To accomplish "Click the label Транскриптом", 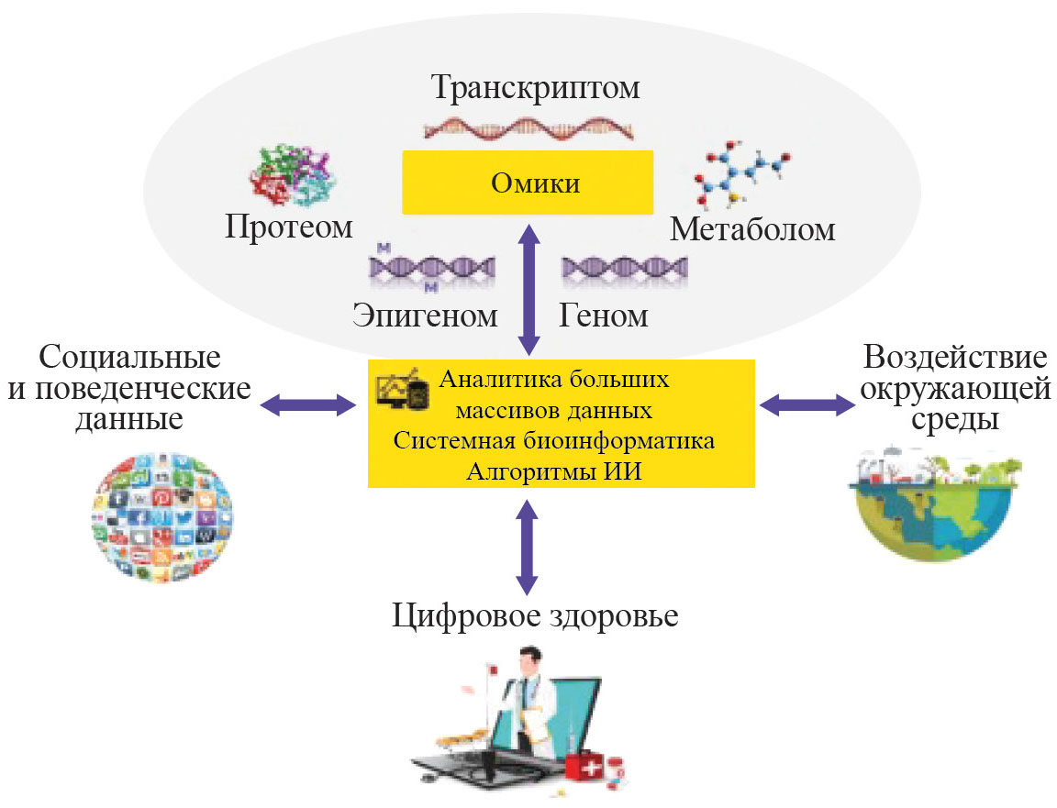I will pos(535,89).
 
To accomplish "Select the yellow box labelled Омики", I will pos(528,183).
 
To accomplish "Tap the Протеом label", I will pos(289,227).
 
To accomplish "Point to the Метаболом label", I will pos(752,228).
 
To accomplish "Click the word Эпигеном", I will pos(425,315).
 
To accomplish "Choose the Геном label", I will pos(603,315).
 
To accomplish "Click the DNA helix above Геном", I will pos(624,268).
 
